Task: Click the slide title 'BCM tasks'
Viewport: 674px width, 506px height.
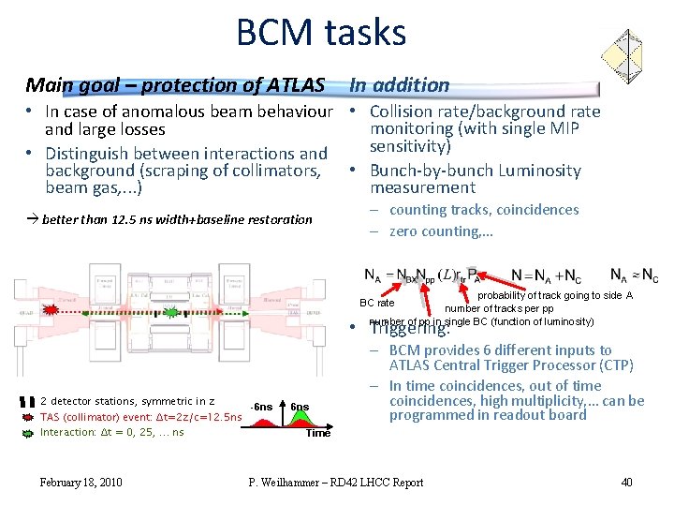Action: pos(320,34)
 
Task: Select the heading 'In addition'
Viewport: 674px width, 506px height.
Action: pos(400,85)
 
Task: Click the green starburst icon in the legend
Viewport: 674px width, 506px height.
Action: pos(31,432)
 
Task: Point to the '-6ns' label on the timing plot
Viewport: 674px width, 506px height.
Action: pos(262,407)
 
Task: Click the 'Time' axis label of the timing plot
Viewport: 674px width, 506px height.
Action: pos(318,433)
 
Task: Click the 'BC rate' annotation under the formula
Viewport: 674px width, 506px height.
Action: pos(377,303)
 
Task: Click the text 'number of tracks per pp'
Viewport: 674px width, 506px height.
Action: pos(498,308)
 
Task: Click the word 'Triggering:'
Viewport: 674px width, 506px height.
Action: pos(410,329)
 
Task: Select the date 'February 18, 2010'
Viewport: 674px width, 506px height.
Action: pos(81,483)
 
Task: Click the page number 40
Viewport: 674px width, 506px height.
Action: pos(626,483)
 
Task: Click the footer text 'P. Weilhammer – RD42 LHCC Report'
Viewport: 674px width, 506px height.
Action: pos(335,483)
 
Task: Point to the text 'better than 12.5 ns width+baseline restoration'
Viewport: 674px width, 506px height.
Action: pos(177,219)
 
